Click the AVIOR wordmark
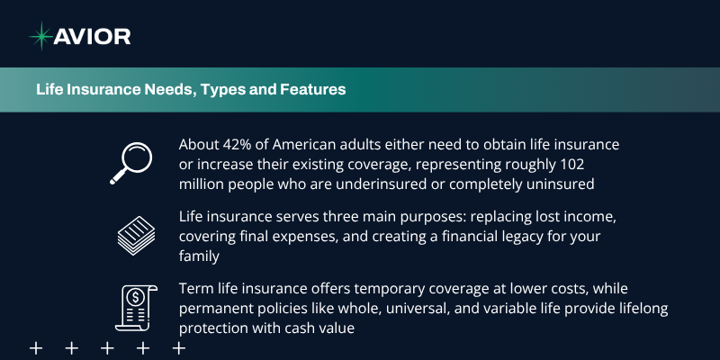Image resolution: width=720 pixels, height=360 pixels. [92, 36]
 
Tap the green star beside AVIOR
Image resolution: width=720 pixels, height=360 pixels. [41, 36]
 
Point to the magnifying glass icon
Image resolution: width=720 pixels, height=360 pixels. [130, 164]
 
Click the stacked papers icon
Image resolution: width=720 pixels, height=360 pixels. [137, 236]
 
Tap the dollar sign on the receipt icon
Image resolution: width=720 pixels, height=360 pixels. [136, 298]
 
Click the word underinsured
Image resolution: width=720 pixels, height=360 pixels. [381, 184]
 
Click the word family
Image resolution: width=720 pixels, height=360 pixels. [199, 256]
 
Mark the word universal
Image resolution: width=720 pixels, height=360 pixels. [418, 309]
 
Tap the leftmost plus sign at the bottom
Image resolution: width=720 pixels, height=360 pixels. [36, 348]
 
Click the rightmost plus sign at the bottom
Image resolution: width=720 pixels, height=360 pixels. [178, 348]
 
